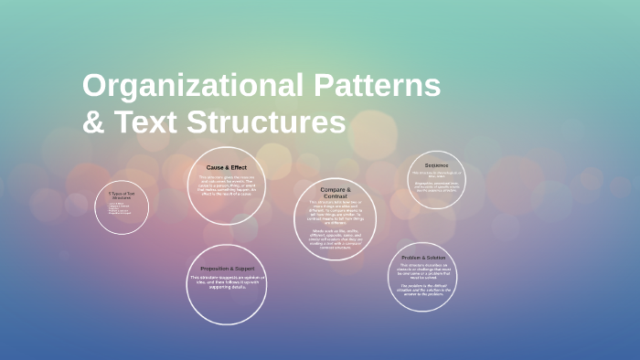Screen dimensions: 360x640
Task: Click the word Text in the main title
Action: coord(147,122)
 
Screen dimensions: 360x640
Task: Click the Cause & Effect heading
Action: coord(226,167)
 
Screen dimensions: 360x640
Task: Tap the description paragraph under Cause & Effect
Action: coord(226,185)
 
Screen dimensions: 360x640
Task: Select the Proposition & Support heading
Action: coord(226,268)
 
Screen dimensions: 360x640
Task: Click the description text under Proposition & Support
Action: coord(226,282)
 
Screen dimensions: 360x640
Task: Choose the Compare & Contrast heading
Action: coord(336,192)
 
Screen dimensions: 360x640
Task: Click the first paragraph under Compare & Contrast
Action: coord(336,211)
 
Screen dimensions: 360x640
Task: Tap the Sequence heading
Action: coord(437,165)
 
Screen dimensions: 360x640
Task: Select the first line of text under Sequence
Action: coord(437,173)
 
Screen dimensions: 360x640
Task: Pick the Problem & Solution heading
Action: coord(422,259)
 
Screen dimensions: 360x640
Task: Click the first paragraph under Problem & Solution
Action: coord(422,271)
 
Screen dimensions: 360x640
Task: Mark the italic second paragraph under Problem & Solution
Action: coord(422,291)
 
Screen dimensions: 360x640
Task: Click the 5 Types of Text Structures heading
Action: coord(122,196)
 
